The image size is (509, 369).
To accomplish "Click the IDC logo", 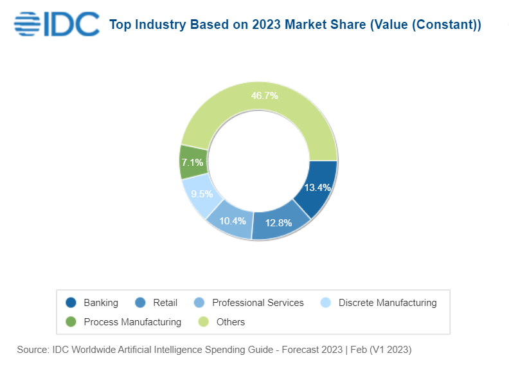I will [57, 24].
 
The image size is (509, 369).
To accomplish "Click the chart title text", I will [295, 25].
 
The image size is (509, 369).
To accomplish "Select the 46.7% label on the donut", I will [264, 96].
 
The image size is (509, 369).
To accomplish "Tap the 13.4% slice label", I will [317, 188].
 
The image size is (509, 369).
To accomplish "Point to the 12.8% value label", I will [279, 223].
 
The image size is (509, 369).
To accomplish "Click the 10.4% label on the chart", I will [233, 221].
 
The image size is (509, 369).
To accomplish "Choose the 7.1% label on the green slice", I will [192, 163].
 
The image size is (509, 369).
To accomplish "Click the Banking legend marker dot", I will [71, 303].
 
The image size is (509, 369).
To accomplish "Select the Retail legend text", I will [165, 303].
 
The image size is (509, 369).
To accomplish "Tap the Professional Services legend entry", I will [258, 303].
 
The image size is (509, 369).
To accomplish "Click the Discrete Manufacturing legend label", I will [387, 303].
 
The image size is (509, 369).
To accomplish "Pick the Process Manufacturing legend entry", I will [132, 321].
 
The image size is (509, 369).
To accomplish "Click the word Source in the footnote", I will [32, 350].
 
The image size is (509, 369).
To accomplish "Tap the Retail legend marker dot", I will [141, 303].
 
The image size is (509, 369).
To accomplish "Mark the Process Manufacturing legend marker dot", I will [71, 321].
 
